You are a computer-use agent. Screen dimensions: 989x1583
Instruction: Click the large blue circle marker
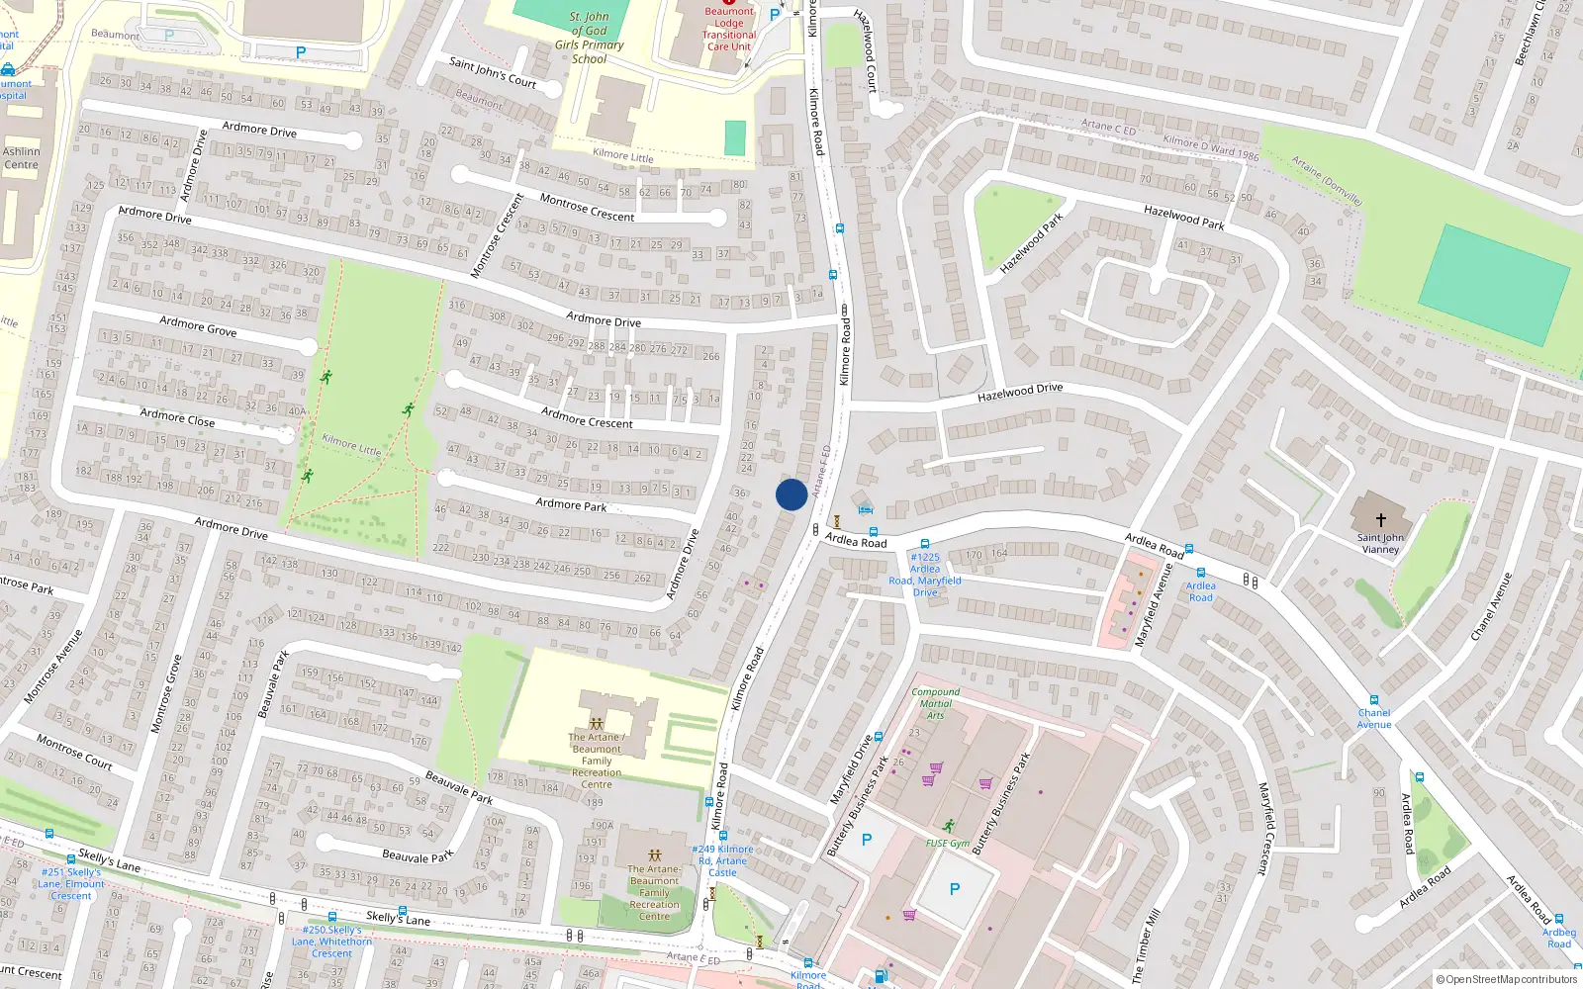point(791,494)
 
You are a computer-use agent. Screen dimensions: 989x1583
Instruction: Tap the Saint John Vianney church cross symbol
point(1380,519)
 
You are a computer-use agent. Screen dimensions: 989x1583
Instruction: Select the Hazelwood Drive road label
point(1020,393)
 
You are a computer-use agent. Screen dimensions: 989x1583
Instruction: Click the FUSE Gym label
point(948,844)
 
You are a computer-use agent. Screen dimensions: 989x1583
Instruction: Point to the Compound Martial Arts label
point(936,703)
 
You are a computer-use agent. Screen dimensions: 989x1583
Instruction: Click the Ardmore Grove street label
point(198,325)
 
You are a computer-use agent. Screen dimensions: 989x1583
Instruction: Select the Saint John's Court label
point(493,72)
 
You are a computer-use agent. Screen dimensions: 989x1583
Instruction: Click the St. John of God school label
point(590,38)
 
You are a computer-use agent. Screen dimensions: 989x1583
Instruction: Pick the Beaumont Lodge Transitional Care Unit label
point(729,29)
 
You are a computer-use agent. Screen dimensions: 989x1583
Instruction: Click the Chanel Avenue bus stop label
point(1374,718)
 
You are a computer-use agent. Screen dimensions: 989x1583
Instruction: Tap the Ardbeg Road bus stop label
point(1559,938)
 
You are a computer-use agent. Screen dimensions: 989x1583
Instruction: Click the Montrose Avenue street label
point(54,666)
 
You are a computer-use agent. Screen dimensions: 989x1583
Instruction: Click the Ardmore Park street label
point(571,504)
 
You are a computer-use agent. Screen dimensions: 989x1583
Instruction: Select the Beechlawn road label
point(1529,35)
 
